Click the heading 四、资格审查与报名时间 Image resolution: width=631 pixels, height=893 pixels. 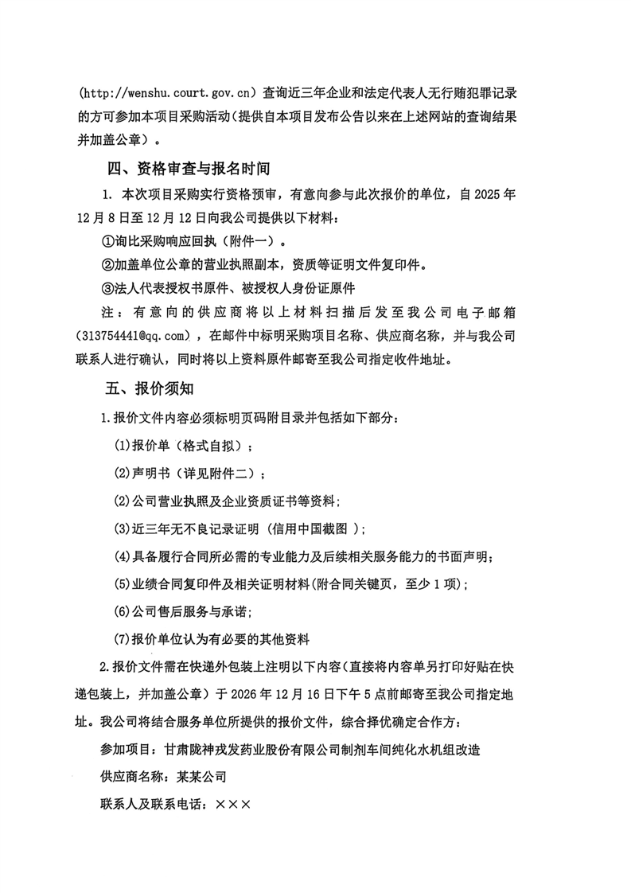click(x=189, y=169)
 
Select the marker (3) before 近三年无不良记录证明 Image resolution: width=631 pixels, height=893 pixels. click(x=122, y=528)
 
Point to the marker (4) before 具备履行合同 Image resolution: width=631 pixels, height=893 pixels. click(x=122, y=556)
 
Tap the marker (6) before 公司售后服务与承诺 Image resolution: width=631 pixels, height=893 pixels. click(x=122, y=611)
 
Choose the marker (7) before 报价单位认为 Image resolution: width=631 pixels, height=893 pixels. click(x=122, y=639)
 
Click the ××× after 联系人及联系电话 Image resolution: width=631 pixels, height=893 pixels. click(x=233, y=805)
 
